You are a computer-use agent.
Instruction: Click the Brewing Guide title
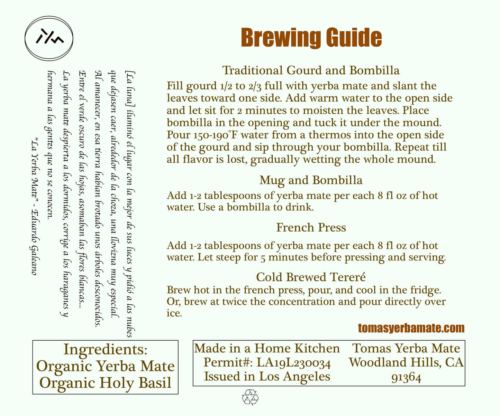(x=311, y=38)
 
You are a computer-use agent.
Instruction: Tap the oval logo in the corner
(x=49, y=38)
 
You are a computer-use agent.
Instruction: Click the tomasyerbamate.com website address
(x=411, y=328)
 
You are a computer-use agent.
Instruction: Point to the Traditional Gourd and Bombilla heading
(x=311, y=70)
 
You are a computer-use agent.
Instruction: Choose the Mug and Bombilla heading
(x=311, y=180)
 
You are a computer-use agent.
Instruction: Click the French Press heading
(x=311, y=227)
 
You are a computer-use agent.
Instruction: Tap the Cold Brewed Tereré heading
(x=311, y=277)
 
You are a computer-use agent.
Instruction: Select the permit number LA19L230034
(x=293, y=362)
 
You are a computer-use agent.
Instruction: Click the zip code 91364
(x=406, y=378)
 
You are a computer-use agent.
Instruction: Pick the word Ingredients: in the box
(x=106, y=349)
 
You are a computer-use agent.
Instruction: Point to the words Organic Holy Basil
(x=106, y=382)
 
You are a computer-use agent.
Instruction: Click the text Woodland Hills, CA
(x=406, y=362)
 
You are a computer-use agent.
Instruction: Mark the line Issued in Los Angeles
(x=267, y=376)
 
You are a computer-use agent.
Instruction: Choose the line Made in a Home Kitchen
(x=267, y=348)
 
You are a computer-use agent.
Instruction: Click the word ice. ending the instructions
(x=174, y=313)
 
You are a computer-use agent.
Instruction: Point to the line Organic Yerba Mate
(x=106, y=366)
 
